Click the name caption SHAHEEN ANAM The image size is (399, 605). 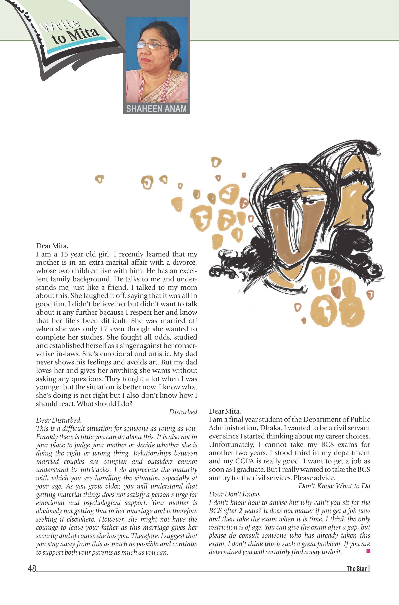pos(156,109)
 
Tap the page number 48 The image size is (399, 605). pos(32,568)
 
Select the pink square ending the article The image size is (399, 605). pos(368,551)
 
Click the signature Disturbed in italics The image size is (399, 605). pos(183,412)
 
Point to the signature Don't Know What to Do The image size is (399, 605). pos(334,486)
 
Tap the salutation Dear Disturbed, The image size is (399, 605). pos(59,420)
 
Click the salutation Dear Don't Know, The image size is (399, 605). pos(234,494)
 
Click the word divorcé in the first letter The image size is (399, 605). pos(185,262)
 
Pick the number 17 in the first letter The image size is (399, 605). pos(104,329)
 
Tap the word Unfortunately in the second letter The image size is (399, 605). pos(231,445)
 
